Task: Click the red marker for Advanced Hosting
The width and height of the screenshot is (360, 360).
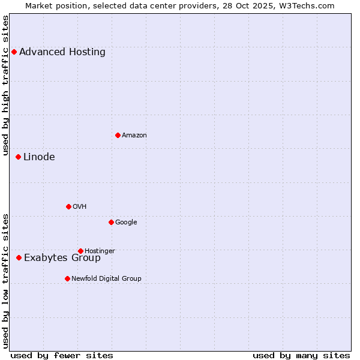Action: (x=14, y=52)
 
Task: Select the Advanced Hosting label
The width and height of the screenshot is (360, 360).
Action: (x=62, y=52)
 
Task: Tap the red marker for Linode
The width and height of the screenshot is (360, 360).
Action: (x=18, y=157)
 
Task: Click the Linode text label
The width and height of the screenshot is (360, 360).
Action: (x=39, y=157)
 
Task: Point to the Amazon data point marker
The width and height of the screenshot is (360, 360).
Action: (x=118, y=135)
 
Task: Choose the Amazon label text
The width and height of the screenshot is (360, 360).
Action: (x=134, y=135)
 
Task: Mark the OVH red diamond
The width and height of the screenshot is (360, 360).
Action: (x=68, y=206)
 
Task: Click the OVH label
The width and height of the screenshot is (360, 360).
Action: (x=80, y=206)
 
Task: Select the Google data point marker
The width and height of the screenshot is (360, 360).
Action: (x=111, y=222)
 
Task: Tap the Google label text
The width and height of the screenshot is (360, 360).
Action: (x=126, y=222)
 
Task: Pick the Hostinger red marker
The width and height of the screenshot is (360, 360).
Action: (x=80, y=251)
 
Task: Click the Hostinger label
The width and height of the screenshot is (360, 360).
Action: (x=100, y=251)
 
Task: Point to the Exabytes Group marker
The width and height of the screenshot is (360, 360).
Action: (x=19, y=257)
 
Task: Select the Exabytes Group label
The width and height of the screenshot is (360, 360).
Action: (x=62, y=258)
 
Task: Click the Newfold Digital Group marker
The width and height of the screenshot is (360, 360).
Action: (x=67, y=278)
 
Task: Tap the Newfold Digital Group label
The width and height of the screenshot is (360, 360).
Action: (x=107, y=278)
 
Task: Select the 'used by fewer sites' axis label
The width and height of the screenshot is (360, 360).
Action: (x=62, y=355)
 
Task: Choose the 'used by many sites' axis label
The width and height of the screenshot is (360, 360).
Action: (x=301, y=355)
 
